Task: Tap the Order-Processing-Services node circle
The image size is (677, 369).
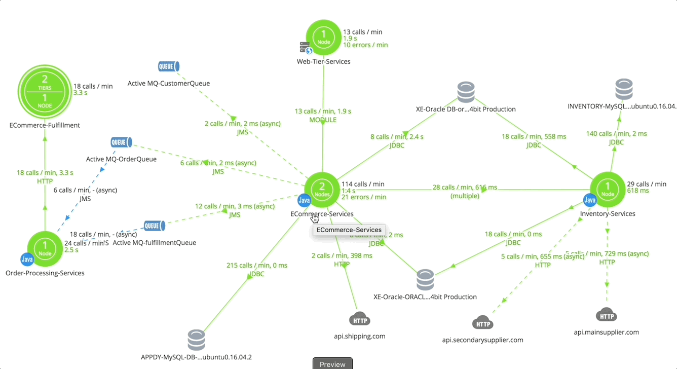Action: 45,248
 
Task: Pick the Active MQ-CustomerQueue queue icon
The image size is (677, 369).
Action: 169,66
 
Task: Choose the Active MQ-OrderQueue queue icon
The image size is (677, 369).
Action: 122,142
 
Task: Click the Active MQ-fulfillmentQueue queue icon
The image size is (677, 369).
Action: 155,226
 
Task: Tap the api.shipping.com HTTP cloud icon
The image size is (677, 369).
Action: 360,320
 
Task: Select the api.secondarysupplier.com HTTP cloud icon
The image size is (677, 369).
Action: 482,323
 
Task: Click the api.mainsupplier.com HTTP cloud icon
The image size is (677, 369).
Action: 607,316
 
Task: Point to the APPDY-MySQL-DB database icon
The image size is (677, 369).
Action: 196,340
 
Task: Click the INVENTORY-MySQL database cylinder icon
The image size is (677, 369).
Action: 623,89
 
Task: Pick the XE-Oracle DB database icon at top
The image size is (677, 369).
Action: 466,92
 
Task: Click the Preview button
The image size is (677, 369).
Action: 332,364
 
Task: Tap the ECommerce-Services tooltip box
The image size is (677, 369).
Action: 349,230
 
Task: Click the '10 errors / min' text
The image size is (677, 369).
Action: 365,45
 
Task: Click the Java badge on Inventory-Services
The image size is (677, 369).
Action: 589,200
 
